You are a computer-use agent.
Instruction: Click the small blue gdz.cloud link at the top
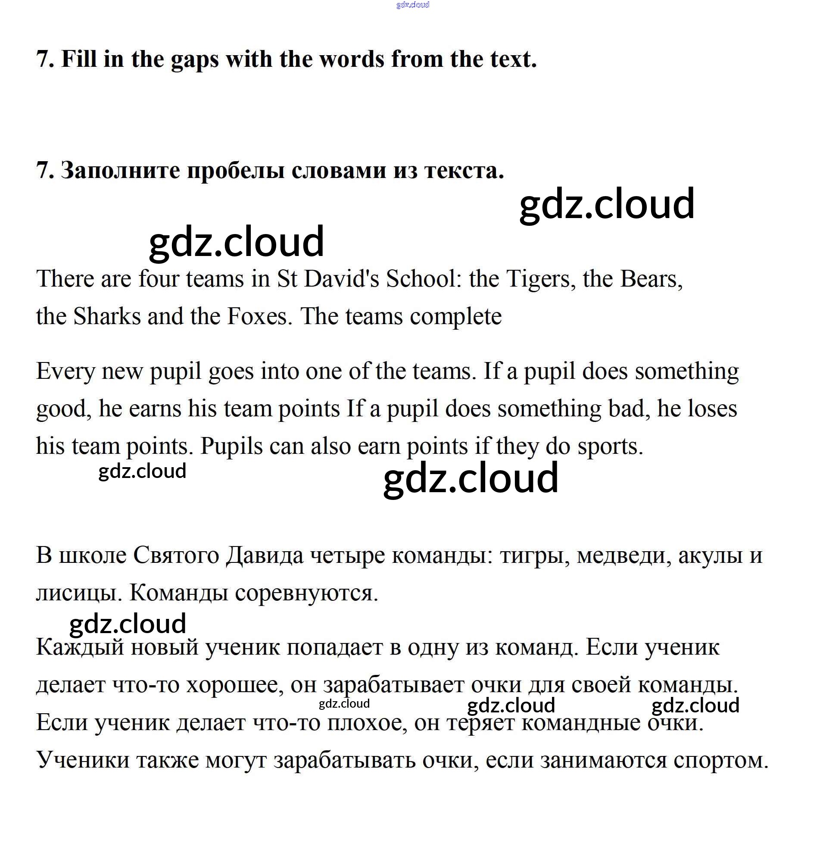(412, 5)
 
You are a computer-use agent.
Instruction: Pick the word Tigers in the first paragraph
(537, 278)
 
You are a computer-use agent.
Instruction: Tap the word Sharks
(107, 316)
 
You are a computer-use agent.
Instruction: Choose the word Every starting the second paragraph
(65, 372)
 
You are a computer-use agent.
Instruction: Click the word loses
(697, 409)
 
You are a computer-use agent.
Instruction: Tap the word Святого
(176, 556)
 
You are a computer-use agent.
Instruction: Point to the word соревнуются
(306, 593)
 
